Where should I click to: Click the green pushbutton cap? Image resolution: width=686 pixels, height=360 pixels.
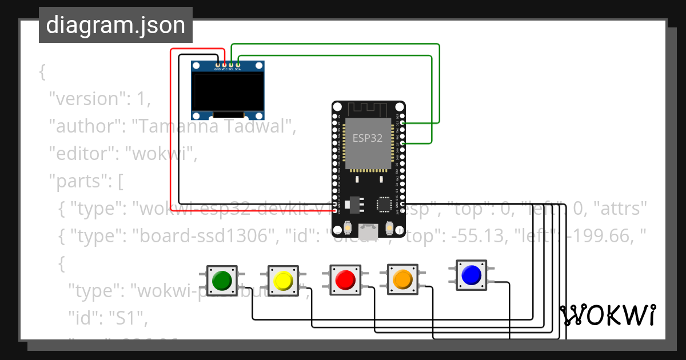pyautogui.click(x=222, y=280)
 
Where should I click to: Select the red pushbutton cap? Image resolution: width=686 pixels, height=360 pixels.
pyautogui.click(x=345, y=280)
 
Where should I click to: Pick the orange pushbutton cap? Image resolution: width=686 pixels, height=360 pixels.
pyautogui.click(x=403, y=279)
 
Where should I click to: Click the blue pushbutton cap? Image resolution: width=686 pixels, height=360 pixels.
pyautogui.click(x=472, y=275)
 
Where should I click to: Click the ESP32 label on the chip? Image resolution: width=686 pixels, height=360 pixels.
pyautogui.click(x=367, y=139)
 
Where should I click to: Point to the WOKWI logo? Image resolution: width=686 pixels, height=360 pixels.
pyautogui.click(x=608, y=315)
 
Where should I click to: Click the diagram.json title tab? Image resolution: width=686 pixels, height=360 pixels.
pyautogui.click(x=115, y=25)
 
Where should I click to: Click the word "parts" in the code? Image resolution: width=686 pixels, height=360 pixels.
pyautogui.click(x=77, y=182)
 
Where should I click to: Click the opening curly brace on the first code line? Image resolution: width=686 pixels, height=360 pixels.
pyautogui.click(x=42, y=72)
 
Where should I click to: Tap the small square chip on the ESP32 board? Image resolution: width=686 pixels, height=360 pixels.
pyautogui.click(x=384, y=205)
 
